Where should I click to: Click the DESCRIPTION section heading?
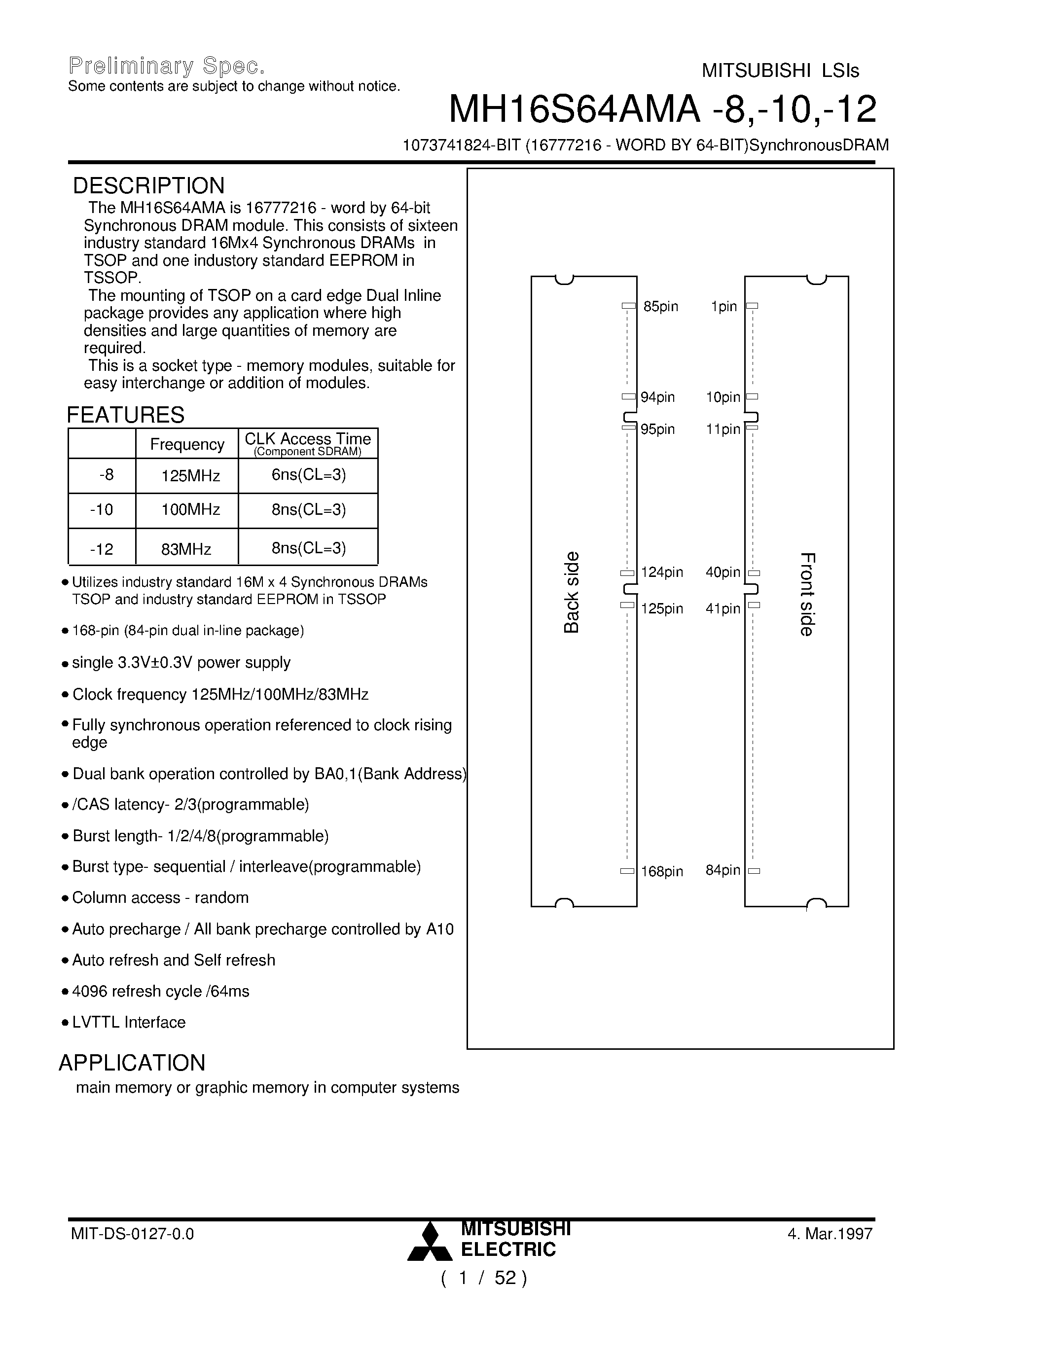click(x=148, y=185)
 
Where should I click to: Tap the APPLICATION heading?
click(x=132, y=1063)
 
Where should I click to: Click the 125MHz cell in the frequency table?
click(x=190, y=476)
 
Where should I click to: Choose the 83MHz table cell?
click(x=186, y=549)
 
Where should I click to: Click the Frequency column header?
click(x=187, y=445)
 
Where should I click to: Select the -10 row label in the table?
click(x=101, y=510)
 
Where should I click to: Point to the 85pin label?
click(x=660, y=307)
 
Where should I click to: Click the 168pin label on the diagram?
click(x=662, y=872)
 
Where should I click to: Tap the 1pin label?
click(x=724, y=307)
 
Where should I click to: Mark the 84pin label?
click(x=723, y=870)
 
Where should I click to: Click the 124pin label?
click(x=662, y=572)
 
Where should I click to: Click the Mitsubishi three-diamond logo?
click(x=430, y=1243)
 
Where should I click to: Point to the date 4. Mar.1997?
click(x=830, y=1234)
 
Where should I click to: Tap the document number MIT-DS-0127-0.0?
click(x=132, y=1234)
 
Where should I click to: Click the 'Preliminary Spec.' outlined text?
click(x=166, y=66)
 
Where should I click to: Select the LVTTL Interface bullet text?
click(x=129, y=1023)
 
